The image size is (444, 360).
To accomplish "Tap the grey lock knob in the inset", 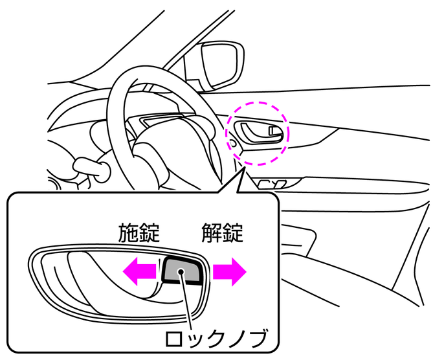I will pos(184,269).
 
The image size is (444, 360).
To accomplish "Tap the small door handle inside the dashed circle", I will pos(256,133).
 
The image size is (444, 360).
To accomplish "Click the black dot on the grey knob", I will pos(184,273).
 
